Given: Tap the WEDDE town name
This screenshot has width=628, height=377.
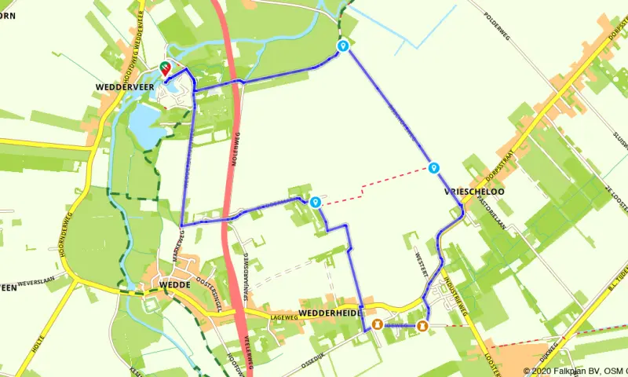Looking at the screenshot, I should click(x=175, y=284).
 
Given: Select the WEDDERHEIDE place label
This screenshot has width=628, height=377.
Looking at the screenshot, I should click(x=330, y=313).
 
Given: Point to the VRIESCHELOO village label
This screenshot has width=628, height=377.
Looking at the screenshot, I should click(x=473, y=191).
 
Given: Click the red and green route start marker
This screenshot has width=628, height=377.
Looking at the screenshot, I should click(x=166, y=69).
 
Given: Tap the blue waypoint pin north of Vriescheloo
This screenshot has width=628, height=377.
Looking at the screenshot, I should click(x=433, y=167).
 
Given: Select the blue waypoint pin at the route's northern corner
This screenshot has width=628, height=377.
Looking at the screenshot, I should click(x=343, y=46).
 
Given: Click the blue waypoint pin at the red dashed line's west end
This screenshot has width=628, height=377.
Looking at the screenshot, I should click(x=315, y=202).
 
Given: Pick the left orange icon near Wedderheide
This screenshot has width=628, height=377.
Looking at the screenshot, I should click(x=378, y=325).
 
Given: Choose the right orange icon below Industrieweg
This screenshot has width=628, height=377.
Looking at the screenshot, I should click(x=422, y=325).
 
